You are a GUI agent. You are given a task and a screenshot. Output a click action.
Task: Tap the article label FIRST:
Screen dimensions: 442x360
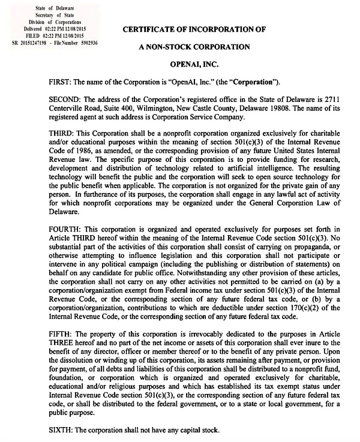coord(61,81)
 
